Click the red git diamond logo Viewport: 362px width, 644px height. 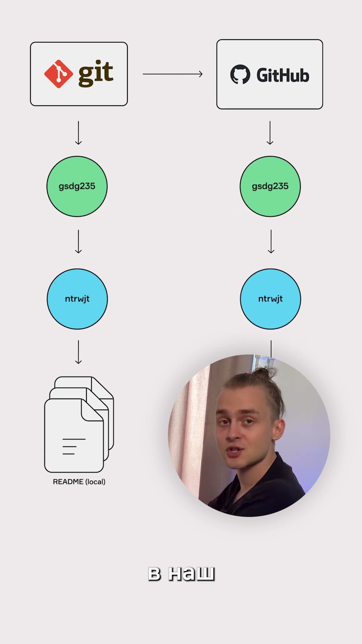pyautogui.click(x=59, y=74)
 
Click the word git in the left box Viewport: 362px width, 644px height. pyautogui.click(x=96, y=73)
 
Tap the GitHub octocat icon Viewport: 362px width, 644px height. pyautogui.click(x=240, y=74)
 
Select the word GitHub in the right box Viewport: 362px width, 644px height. pyautogui.click(x=283, y=75)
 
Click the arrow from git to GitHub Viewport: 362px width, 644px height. pyautogui.click(x=173, y=74)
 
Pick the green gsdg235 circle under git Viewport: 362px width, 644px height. pyautogui.click(x=77, y=186)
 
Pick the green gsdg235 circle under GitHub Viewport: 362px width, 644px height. pyautogui.click(x=270, y=186)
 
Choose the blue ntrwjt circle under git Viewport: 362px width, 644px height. pyautogui.click(x=77, y=299)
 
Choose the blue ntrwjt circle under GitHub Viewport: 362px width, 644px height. pyautogui.click(x=270, y=299)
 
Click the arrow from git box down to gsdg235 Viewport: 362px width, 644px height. pyautogui.click(x=78, y=133)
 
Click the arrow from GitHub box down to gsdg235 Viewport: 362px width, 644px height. pyautogui.click(x=270, y=133)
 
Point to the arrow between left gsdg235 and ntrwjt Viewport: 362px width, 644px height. pyautogui.click(x=78, y=241)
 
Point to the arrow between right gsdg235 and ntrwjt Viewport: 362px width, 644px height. pyautogui.click(x=271, y=241)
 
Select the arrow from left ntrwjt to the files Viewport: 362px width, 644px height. pyautogui.click(x=78, y=352)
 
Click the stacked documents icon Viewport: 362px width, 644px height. pyautogui.click(x=79, y=424)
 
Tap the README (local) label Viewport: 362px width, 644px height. pyautogui.click(x=79, y=482)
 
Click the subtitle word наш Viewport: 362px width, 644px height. pyautogui.click(x=191, y=574)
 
